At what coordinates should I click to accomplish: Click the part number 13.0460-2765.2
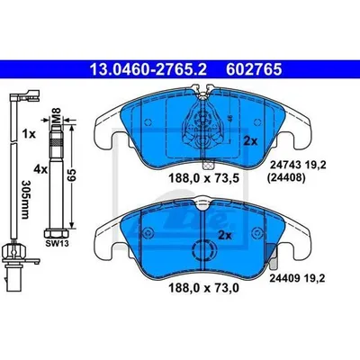(148, 69)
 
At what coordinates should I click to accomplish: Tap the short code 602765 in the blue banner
(254, 69)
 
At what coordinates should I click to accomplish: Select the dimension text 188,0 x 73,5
(203, 179)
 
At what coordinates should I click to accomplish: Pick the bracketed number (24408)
(286, 178)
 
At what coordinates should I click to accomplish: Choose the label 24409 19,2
(297, 279)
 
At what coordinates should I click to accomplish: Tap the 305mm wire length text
(26, 200)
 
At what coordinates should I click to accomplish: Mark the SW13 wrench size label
(57, 243)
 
